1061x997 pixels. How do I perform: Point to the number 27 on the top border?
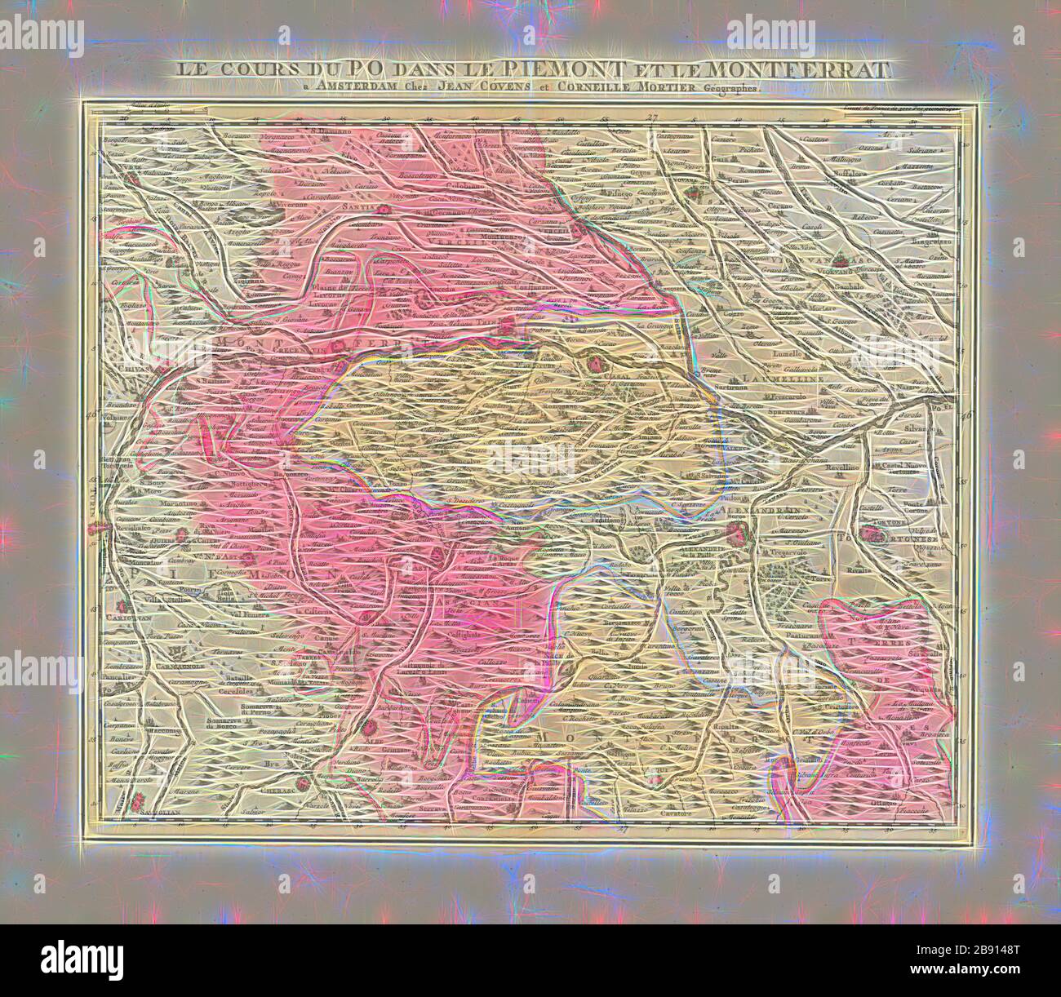[650, 118]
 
